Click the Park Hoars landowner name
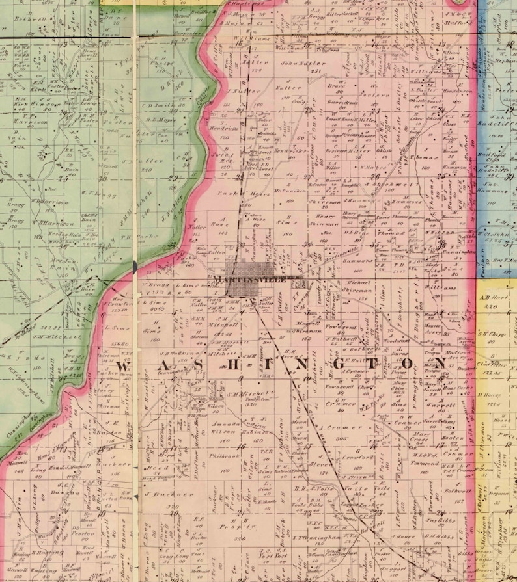pos(239,194)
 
